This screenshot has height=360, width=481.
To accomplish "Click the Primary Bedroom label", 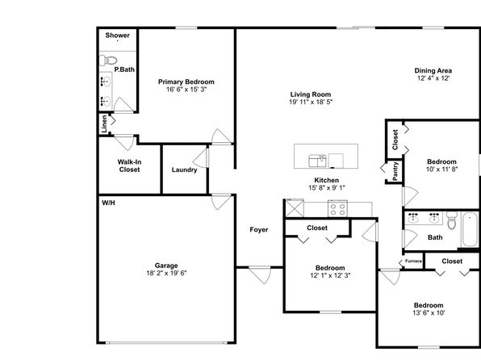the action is (186, 82).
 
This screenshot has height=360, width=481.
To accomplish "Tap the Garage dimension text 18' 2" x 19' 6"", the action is (166, 273).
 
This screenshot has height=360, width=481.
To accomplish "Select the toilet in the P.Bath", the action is (108, 61).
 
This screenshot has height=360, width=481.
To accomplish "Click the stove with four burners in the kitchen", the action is (337, 209).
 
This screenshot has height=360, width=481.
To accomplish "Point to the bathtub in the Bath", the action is (471, 229).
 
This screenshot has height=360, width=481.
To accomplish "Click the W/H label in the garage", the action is (108, 203).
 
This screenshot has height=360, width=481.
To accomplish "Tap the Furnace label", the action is (413, 262).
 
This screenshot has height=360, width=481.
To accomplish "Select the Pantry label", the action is (395, 171).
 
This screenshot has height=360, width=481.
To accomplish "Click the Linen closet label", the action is (104, 123).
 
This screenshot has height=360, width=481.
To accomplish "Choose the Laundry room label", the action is (184, 170).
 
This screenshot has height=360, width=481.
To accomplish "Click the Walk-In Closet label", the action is (129, 165).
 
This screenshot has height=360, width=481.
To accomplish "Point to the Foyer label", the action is (259, 229).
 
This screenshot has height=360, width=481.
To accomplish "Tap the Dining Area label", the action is (433, 70).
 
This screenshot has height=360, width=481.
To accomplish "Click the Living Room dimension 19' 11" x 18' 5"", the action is (311, 103).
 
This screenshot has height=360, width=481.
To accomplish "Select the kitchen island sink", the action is (317, 161).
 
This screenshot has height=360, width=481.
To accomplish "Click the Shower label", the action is (118, 36).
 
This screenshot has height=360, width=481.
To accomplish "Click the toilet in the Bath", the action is (452, 220).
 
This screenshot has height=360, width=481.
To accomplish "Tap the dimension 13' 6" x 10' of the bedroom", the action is (429, 313).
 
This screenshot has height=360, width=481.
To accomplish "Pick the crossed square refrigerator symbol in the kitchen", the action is (295, 208).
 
